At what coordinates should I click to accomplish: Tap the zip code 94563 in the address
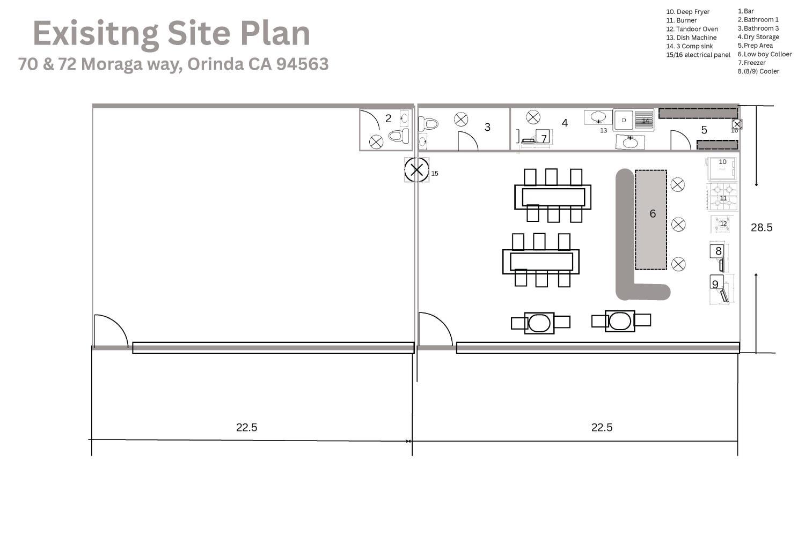[x=302, y=64]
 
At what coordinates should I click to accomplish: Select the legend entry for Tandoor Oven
[x=692, y=29]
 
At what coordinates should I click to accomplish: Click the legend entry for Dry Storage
[x=758, y=37]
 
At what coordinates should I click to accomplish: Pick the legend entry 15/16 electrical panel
[x=698, y=55]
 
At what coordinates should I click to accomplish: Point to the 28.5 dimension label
[x=762, y=227]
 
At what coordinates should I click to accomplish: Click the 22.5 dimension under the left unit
[x=246, y=427]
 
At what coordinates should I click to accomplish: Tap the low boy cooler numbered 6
[x=651, y=220]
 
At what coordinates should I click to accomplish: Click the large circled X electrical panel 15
[x=416, y=170]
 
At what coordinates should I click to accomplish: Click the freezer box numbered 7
[x=543, y=137]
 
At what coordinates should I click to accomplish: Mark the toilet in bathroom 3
[x=428, y=124]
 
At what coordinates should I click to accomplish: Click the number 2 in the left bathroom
[x=388, y=118]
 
